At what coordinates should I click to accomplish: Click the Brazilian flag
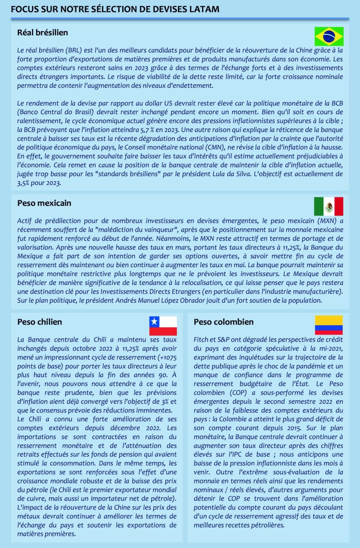329,37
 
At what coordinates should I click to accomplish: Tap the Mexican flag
329,206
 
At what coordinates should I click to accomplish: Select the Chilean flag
163,326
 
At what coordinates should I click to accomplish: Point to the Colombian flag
329,325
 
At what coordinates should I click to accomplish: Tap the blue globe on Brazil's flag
329,37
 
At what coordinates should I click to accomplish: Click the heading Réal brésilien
42,32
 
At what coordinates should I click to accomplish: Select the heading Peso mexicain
44,203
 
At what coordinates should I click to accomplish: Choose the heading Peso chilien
40,321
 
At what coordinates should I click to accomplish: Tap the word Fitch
202,340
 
